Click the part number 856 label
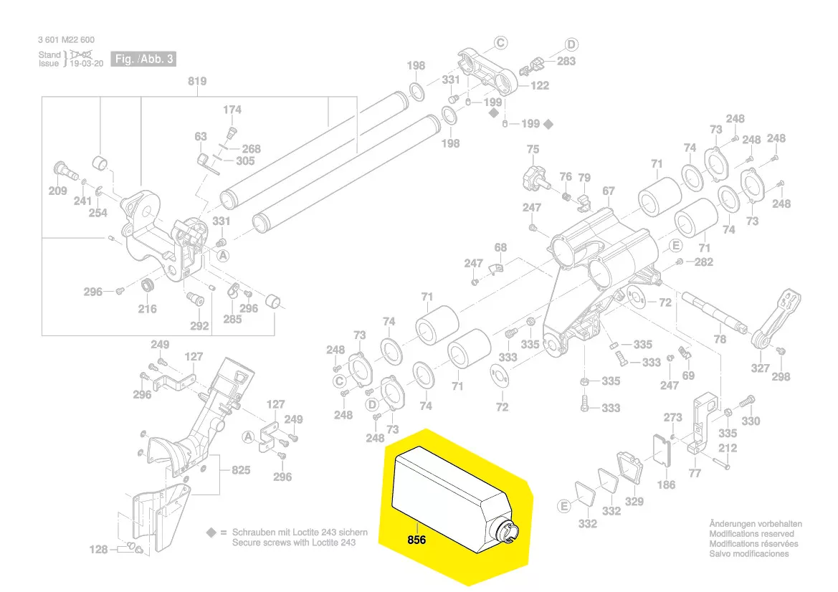[x=416, y=540]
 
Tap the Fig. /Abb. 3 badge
[x=143, y=59]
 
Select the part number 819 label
[x=197, y=81]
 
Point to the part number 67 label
[x=609, y=191]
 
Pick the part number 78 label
[x=720, y=339]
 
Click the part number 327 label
[x=760, y=368]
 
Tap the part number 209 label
[x=58, y=191]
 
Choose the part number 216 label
[x=147, y=309]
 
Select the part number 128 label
[x=98, y=550]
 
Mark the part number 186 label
[x=666, y=484]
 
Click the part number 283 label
[x=566, y=61]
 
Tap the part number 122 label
[x=540, y=85]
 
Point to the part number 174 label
[x=232, y=110]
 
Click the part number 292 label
[x=199, y=325]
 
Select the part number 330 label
[x=751, y=421]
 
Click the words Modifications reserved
[x=751, y=534]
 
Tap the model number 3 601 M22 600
[x=66, y=40]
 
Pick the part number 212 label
[x=728, y=449]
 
